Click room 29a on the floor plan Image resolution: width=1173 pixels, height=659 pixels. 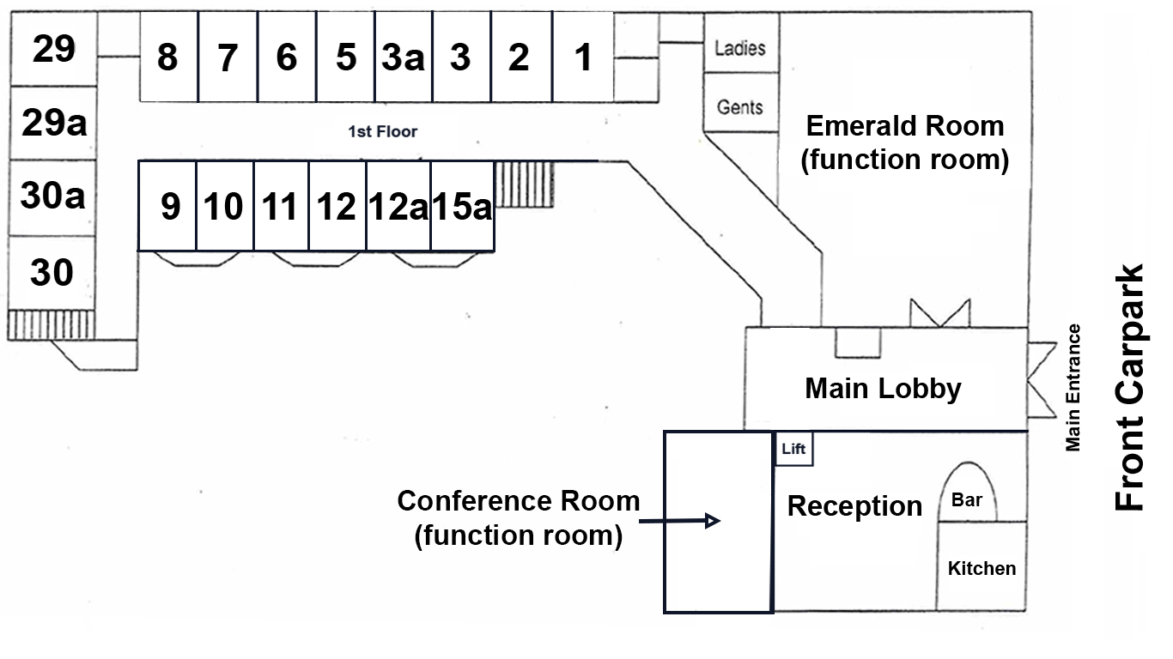click(53, 124)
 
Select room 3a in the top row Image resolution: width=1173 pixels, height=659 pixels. click(403, 57)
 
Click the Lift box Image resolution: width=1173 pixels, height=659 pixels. click(793, 449)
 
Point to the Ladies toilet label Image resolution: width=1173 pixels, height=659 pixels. click(739, 48)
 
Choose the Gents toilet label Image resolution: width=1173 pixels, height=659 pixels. click(739, 107)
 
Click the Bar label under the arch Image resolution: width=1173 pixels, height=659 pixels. click(967, 499)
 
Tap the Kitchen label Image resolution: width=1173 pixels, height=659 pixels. click(981, 568)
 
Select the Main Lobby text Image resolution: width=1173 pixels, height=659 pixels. click(883, 389)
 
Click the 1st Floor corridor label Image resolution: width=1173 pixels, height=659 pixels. click(382, 132)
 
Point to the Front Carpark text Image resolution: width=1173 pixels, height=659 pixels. click(1130, 388)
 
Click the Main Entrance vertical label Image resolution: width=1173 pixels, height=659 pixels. click(1073, 387)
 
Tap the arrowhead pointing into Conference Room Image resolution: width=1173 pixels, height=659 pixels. click(712, 521)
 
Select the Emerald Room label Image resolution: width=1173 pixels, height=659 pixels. click(904, 142)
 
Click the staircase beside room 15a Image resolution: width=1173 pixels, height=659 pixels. click(525, 183)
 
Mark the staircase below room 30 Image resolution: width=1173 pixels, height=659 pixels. click(51, 324)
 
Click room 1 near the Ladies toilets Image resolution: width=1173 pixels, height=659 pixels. click(583, 57)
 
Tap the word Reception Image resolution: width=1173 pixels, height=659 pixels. click(854, 506)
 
